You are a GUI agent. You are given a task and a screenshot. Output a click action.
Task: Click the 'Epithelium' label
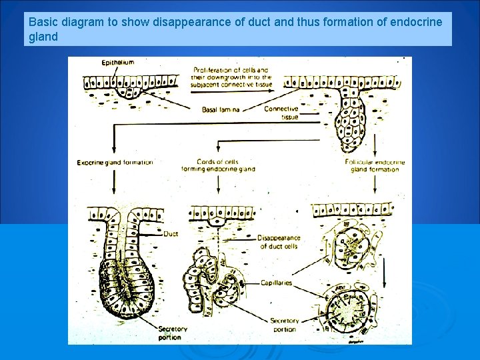click(118, 63)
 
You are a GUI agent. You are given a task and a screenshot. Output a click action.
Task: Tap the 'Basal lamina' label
click(221, 109)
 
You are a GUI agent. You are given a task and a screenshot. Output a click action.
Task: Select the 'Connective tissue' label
click(281, 112)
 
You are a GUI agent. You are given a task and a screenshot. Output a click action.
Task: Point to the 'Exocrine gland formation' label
click(115, 162)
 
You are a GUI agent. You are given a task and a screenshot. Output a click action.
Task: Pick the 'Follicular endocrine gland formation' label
click(374, 165)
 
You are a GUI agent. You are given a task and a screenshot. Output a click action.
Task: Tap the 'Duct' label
click(171, 234)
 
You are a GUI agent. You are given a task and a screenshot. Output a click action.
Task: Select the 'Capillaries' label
click(277, 283)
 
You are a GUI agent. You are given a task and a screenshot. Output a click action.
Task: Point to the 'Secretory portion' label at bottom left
click(173, 332)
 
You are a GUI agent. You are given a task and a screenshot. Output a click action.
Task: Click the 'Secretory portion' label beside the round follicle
click(284, 325)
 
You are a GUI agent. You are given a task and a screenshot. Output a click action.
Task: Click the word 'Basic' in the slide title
click(43, 22)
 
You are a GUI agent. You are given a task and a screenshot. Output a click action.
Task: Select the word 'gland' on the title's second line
click(43, 37)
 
